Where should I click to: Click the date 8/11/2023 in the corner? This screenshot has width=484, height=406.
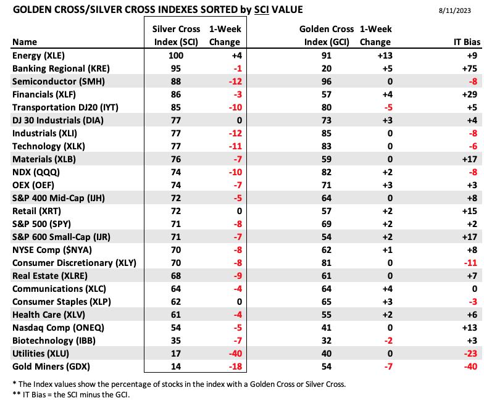(x=454, y=10)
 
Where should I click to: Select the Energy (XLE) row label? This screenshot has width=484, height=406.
(x=38, y=56)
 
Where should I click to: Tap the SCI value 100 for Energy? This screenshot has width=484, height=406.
(x=175, y=56)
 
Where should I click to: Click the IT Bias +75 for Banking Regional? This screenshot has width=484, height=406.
(x=469, y=68)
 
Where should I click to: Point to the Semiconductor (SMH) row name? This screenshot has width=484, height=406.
(x=59, y=81)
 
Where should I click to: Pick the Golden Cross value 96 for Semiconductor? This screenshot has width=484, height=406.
(x=326, y=81)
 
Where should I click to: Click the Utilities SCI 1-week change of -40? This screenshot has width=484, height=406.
(x=235, y=354)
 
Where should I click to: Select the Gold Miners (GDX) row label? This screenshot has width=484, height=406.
(x=51, y=367)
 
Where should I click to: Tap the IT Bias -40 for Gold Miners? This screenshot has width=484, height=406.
(x=470, y=367)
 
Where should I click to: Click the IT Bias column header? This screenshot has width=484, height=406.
(x=467, y=42)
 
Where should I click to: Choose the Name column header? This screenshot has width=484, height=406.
(x=25, y=42)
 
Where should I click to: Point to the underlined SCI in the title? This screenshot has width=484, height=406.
(x=262, y=10)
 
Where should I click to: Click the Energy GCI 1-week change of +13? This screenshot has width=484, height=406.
(x=385, y=56)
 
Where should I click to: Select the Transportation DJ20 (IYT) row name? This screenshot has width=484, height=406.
(x=65, y=107)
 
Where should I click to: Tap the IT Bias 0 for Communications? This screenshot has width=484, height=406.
(x=474, y=289)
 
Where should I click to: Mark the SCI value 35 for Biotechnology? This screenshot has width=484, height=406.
(x=175, y=341)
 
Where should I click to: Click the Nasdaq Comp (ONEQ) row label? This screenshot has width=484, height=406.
(x=58, y=328)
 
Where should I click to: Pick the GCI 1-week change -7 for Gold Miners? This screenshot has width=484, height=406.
(x=388, y=367)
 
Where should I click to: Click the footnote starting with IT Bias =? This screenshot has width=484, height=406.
(x=72, y=395)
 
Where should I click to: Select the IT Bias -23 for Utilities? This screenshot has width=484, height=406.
(x=470, y=354)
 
